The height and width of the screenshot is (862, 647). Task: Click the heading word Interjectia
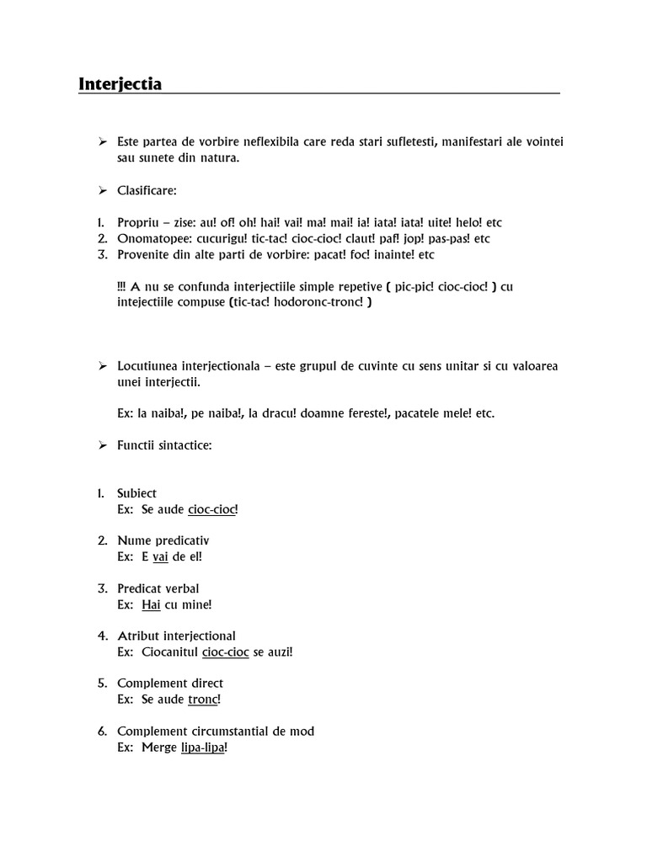coord(120,84)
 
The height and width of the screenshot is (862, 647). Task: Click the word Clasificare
coord(147,191)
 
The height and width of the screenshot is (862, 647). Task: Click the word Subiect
coord(136,493)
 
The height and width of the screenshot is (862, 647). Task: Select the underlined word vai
coord(161,557)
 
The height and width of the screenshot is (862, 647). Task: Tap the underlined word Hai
coord(151,604)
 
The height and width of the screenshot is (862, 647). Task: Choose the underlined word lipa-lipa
coord(202,748)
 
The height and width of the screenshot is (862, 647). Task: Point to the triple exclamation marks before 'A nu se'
coord(122,287)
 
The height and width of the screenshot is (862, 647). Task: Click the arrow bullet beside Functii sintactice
coord(102,444)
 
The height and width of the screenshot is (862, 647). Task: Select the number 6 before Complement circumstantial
coord(102,732)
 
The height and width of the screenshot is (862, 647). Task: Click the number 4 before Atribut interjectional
coord(102,636)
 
